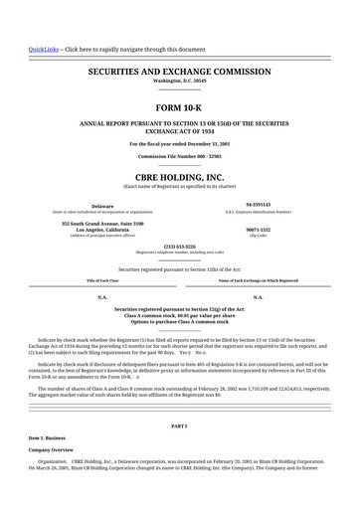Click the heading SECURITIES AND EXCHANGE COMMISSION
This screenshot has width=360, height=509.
[179, 73]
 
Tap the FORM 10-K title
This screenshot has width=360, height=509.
[179, 106]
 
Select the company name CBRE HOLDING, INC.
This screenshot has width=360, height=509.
[179, 176]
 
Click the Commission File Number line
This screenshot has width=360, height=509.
[179, 157]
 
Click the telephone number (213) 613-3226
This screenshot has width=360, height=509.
[179, 246]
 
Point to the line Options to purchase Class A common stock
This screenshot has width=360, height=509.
[179, 323]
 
